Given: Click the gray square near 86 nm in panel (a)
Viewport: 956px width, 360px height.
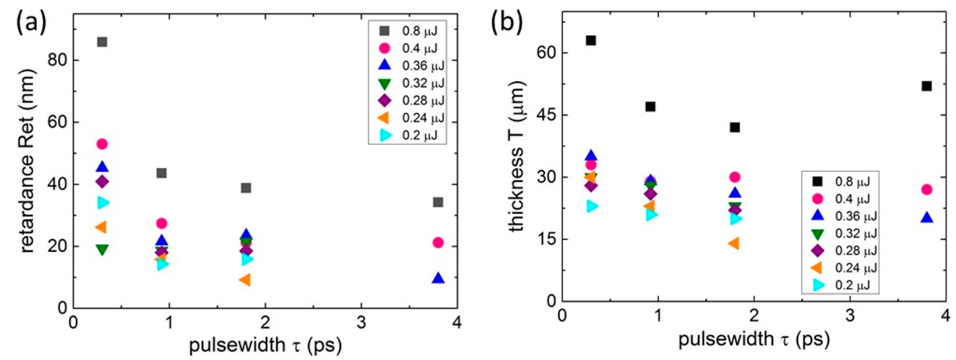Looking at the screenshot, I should (x=102, y=42).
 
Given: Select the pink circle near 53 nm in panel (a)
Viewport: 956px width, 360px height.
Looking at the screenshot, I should (x=102, y=144).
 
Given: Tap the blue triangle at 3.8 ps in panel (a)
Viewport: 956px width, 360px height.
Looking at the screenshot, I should (x=438, y=278).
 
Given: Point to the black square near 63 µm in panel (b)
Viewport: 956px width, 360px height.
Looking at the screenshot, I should (x=591, y=40).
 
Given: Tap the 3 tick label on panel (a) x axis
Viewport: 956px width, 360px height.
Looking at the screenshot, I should (x=361, y=323).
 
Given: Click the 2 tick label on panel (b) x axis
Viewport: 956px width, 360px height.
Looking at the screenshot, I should (x=754, y=315).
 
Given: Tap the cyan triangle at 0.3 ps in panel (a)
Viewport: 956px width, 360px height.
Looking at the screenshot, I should (x=103, y=203).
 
